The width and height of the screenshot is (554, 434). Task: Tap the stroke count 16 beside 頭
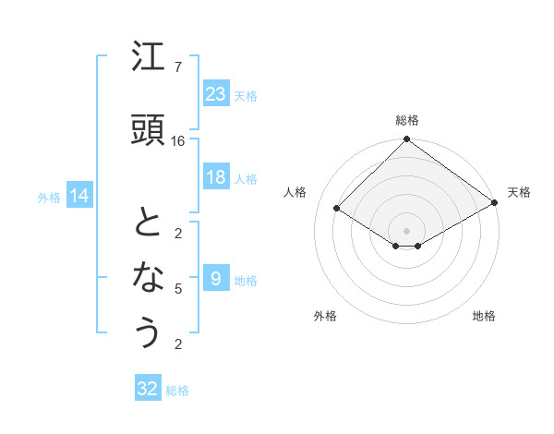[x=178, y=140]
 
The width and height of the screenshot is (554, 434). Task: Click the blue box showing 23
[x=215, y=93]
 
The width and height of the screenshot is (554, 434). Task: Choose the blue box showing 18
[x=215, y=177]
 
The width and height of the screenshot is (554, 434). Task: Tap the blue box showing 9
[x=215, y=278]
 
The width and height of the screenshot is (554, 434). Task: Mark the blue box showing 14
[x=79, y=196]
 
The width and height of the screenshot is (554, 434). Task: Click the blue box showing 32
[x=148, y=389]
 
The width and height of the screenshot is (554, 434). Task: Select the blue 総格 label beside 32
[x=178, y=391]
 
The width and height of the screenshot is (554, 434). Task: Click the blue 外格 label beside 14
[x=49, y=197]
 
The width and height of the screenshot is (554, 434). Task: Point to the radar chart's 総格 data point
[x=406, y=140]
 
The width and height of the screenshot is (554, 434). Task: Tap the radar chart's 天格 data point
[x=496, y=203]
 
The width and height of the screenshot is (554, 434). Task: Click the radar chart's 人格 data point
[x=337, y=209]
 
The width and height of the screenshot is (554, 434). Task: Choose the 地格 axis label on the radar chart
[x=484, y=316]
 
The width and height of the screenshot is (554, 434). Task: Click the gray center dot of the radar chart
[x=406, y=229]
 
